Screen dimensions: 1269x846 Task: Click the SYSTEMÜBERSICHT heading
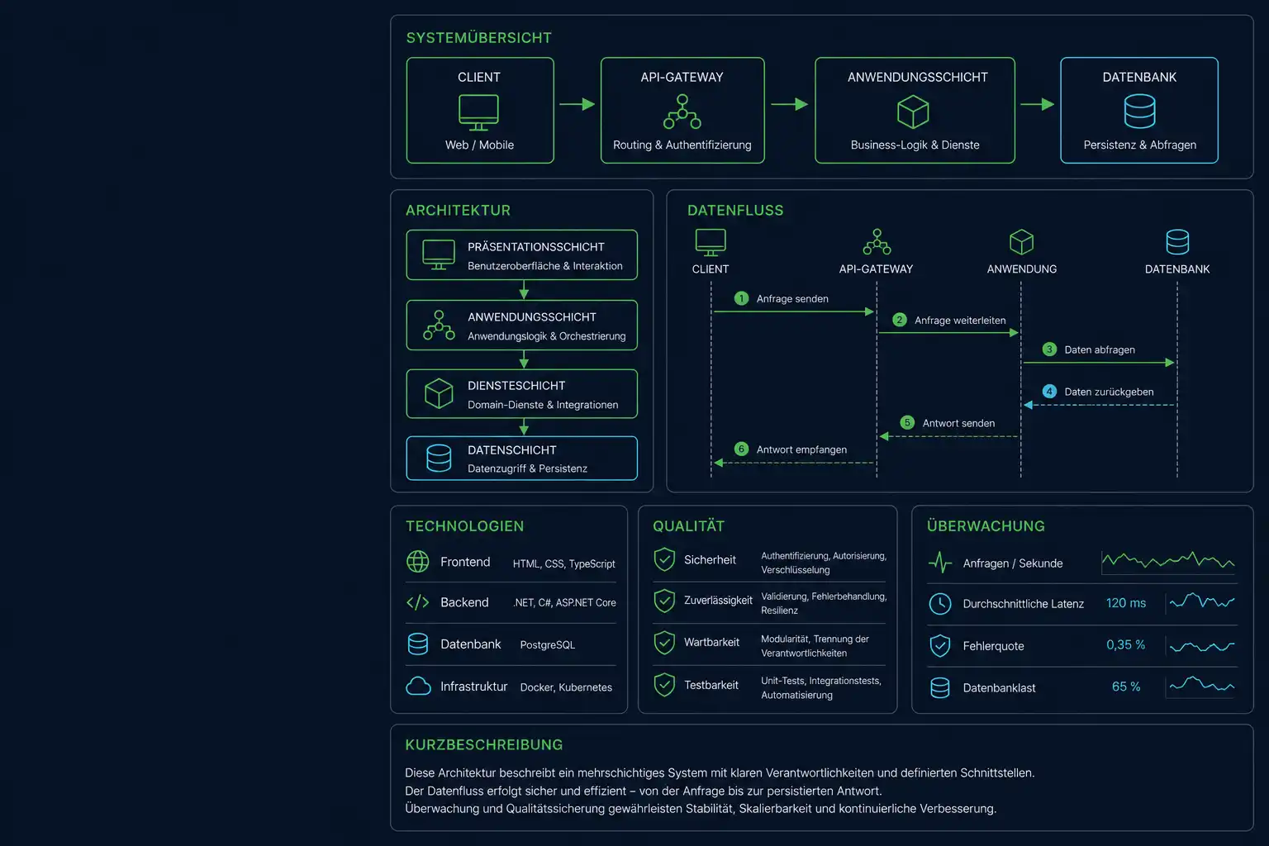[478, 38]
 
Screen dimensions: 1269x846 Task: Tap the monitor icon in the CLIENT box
[478, 112]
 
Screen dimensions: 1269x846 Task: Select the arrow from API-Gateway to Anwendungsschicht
[789, 104]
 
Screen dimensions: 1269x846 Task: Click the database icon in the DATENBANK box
[1139, 111]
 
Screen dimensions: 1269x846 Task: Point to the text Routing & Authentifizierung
[682, 145]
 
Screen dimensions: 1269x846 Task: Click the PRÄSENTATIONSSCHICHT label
[536, 247]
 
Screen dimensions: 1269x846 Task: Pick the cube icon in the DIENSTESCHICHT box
[439, 393]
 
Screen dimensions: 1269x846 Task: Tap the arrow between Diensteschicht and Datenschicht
[524, 426]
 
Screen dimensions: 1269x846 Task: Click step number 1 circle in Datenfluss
[741, 298]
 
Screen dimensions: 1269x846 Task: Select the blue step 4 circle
[1049, 392]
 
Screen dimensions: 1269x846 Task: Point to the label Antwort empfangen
[801, 450]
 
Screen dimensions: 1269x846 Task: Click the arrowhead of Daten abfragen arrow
[1170, 363]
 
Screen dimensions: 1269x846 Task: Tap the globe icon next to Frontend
[417, 562]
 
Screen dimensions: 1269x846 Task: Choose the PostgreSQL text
[547, 645]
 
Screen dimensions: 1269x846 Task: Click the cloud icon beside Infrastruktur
[418, 687]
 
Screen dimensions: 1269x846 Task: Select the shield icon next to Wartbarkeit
[664, 643]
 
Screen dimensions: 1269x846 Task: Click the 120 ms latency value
[1126, 603]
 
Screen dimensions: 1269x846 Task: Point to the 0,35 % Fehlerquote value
[1125, 645]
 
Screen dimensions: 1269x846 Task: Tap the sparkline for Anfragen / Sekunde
[1168, 561]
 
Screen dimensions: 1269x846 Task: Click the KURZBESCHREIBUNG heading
[484, 744]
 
